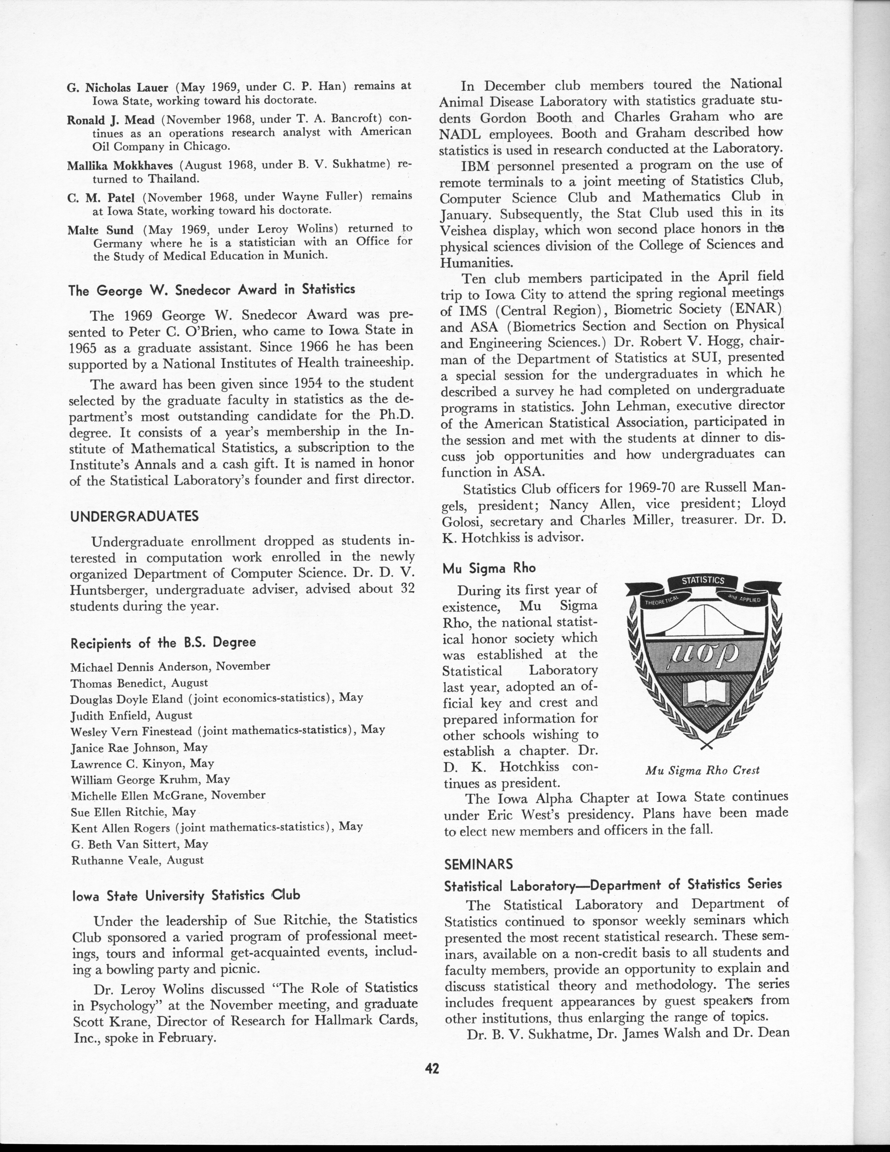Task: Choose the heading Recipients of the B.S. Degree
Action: click(163, 643)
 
